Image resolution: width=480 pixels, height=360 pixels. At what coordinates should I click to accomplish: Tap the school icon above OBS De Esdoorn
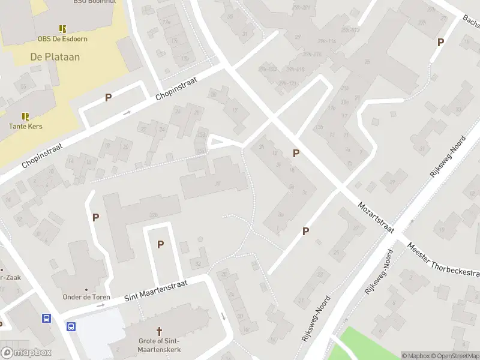pos(62,28)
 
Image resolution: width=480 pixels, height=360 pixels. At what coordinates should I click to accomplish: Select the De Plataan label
pos(55,57)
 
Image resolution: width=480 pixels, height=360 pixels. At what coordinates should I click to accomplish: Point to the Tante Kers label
pos(25,127)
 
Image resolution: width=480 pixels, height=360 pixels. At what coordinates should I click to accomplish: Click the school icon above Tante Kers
pos(25,116)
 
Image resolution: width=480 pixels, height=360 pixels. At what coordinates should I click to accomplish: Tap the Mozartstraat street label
pos(376,217)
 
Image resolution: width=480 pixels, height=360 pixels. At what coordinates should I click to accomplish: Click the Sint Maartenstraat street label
pos(155,290)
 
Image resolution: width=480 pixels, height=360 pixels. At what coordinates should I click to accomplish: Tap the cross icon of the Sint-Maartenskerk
pos(160,331)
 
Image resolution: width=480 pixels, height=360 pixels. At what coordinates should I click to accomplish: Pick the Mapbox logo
pos(26,353)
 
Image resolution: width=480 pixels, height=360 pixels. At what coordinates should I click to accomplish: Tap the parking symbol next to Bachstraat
pos(440,42)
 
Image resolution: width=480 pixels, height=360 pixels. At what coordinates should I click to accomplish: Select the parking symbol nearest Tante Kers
pos(108,97)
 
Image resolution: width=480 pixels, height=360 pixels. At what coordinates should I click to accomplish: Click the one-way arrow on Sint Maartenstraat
pos(101,305)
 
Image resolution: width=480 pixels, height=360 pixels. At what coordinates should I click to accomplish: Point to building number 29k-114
pos(327,41)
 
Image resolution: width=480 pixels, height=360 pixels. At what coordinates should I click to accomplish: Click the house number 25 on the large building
pos(367,62)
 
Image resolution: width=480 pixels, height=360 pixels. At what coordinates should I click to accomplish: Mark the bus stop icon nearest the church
pos(71,327)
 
